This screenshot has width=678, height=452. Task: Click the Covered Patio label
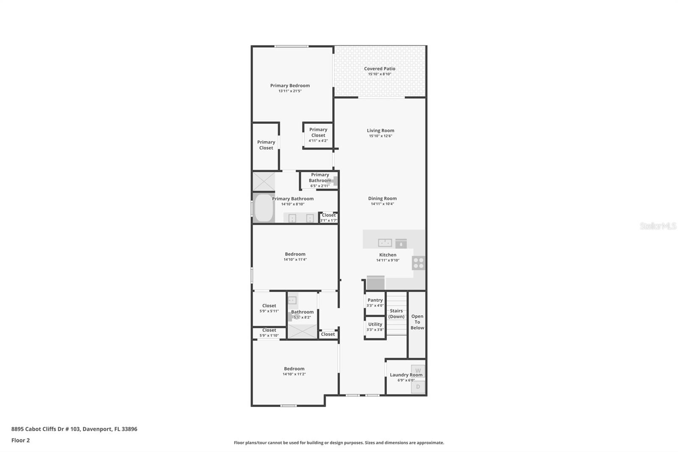pos(379,69)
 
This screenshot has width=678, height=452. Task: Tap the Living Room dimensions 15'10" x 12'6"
pos(380,136)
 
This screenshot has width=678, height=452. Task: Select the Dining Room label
pos(382,198)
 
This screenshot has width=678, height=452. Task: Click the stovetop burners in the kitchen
pos(418,263)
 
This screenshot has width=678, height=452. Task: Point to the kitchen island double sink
pos(385,243)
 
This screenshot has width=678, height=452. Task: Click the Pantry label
pos(375,300)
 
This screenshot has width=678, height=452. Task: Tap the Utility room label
pos(375,324)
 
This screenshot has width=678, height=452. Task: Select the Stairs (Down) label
pos(396,314)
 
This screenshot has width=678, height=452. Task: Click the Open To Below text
pos(417,322)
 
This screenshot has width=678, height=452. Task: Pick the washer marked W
pos(418,371)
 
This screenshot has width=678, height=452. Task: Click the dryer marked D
pos(418,387)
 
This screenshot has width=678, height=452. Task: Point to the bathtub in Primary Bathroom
pos(264,208)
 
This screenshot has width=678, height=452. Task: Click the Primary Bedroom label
pos(290,86)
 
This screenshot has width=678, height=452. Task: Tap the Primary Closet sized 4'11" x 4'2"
pos(318,135)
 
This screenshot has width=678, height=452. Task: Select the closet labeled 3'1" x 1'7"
pos(328,218)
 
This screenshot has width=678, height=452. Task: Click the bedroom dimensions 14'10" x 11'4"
pos(295,259)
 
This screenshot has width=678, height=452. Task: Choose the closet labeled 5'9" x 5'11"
pos(269,308)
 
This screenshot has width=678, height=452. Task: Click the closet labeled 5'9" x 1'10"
pos(269,333)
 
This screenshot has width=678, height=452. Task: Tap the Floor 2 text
pos(20,440)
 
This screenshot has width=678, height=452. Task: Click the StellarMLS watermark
pos(658,226)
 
